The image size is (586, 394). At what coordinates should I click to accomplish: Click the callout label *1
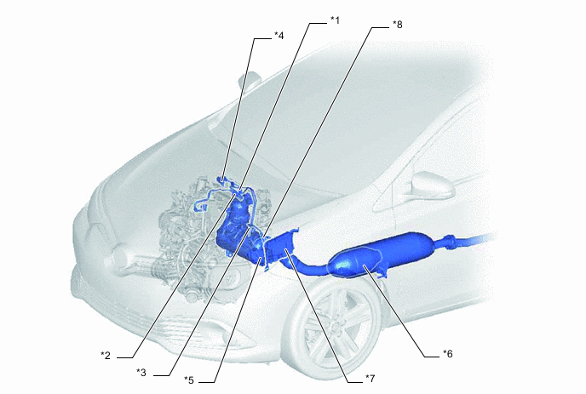point(336,20)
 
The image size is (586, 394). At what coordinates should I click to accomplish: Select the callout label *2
point(106,356)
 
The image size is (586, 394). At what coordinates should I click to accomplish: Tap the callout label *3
point(141,373)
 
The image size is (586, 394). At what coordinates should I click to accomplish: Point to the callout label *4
point(279,36)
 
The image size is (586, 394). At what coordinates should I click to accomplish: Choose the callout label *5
point(189,380)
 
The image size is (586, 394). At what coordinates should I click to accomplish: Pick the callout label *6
point(448,354)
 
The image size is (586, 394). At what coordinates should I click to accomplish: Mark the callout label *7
point(370,379)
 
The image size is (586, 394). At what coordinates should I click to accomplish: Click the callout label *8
point(398,25)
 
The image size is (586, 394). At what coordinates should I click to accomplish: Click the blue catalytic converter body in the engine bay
point(236,228)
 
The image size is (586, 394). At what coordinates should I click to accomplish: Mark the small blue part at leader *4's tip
point(223,180)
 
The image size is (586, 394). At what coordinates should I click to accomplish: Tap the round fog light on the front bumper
point(120,256)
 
